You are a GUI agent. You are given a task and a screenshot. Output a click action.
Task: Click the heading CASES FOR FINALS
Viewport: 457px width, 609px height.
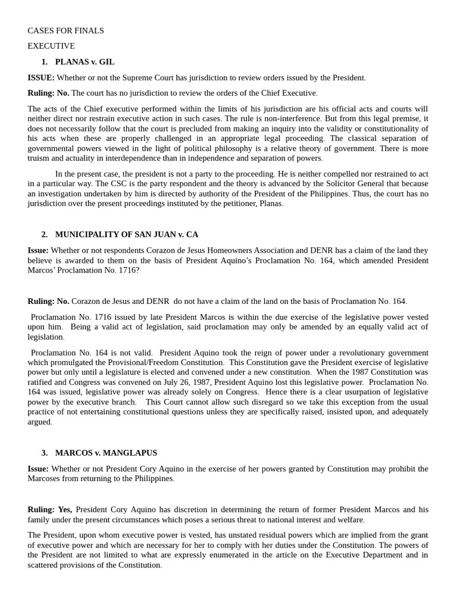[x=65, y=30]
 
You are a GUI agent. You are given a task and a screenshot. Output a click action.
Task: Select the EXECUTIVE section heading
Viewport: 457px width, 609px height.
[x=51, y=46]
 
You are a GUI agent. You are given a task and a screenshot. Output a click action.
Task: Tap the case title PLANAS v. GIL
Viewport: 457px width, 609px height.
[x=84, y=62]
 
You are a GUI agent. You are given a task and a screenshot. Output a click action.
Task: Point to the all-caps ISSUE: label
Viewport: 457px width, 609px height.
[x=41, y=77]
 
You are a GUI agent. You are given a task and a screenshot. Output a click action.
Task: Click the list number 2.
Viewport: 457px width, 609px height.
[x=44, y=234]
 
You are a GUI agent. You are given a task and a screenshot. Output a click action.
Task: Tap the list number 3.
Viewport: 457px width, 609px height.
[x=44, y=453]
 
